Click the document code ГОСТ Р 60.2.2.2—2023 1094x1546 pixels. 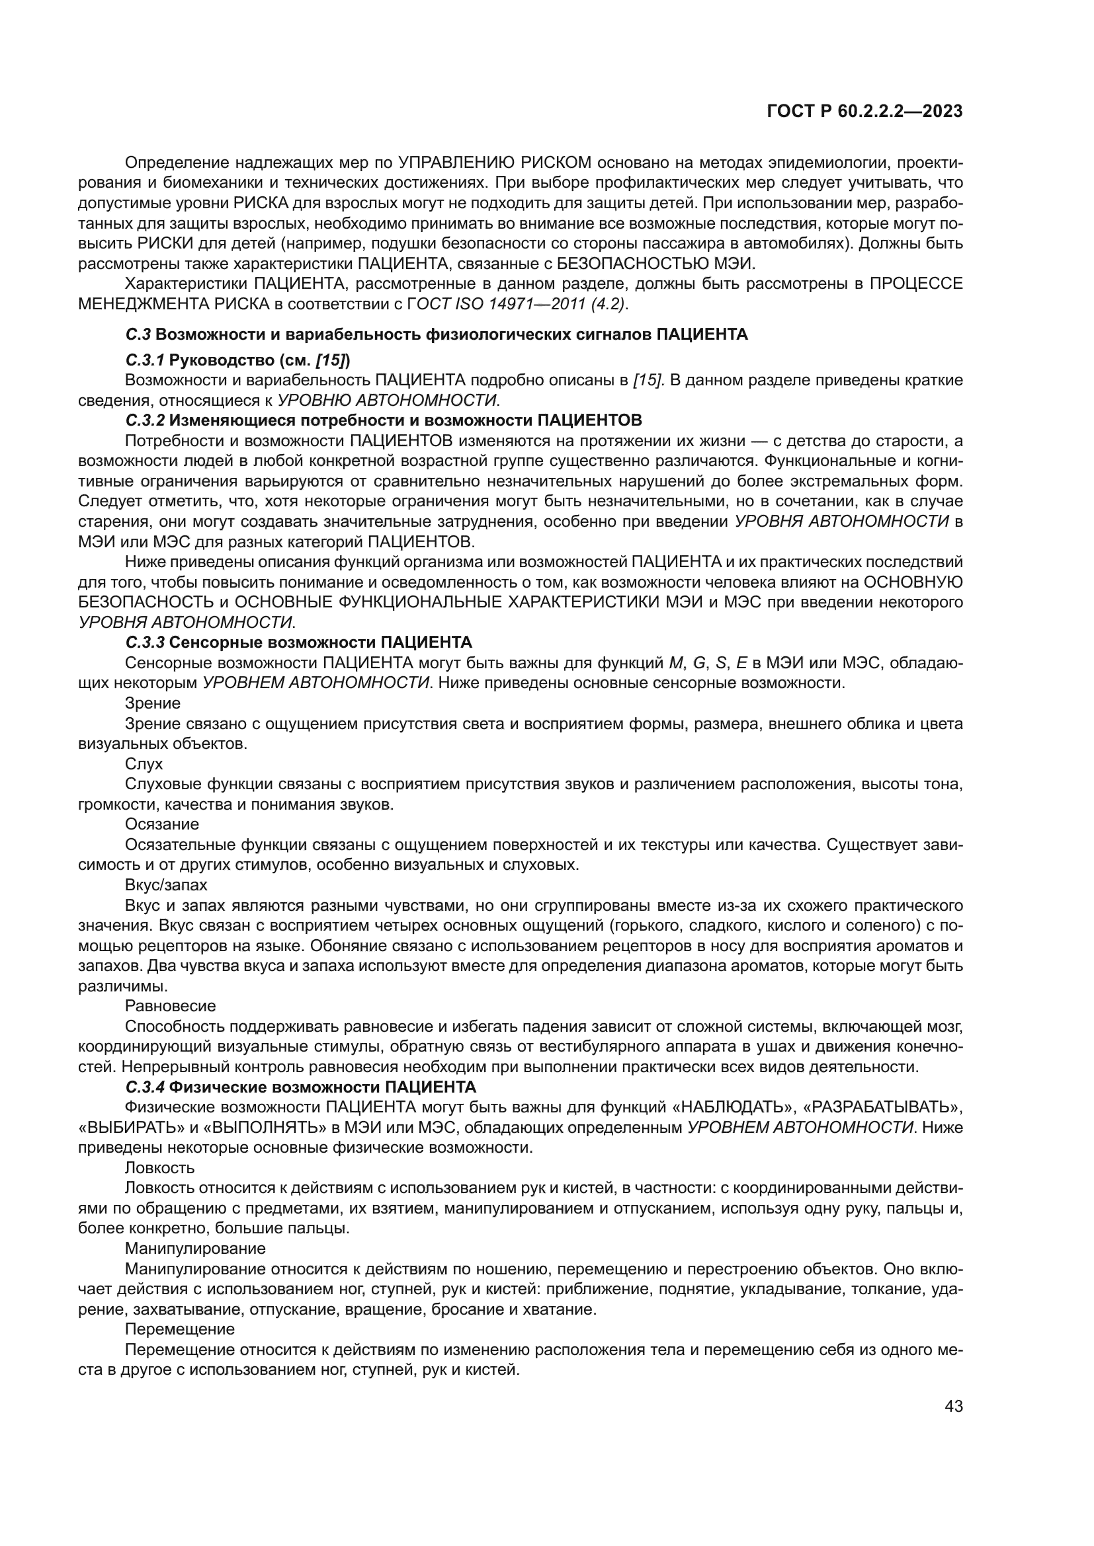point(864,112)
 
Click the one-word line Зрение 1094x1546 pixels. point(152,703)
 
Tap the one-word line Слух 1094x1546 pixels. point(144,763)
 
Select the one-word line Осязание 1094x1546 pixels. point(161,824)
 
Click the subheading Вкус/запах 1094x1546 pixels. point(166,885)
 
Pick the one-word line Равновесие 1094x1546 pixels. point(170,1006)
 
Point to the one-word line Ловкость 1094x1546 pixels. point(159,1167)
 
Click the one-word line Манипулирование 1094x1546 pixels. point(194,1249)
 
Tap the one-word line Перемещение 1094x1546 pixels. point(179,1329)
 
